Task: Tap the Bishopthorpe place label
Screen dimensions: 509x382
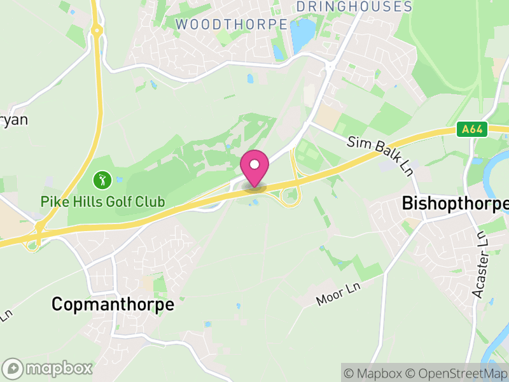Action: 456,204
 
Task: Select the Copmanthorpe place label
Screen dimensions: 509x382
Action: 113,304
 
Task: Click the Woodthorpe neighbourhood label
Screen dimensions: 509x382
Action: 232,24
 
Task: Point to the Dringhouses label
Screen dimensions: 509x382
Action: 354,7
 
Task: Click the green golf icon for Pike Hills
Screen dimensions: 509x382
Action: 102,180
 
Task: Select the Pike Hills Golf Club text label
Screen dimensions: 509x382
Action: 102,202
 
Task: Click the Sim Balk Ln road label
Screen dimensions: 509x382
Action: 380,155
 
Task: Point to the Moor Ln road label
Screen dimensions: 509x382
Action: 338,295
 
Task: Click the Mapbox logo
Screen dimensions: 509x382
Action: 48,369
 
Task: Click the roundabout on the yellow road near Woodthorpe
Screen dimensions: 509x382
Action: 96,29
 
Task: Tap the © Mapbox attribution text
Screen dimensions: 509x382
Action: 375,373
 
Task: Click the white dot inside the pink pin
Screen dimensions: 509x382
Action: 254,165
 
